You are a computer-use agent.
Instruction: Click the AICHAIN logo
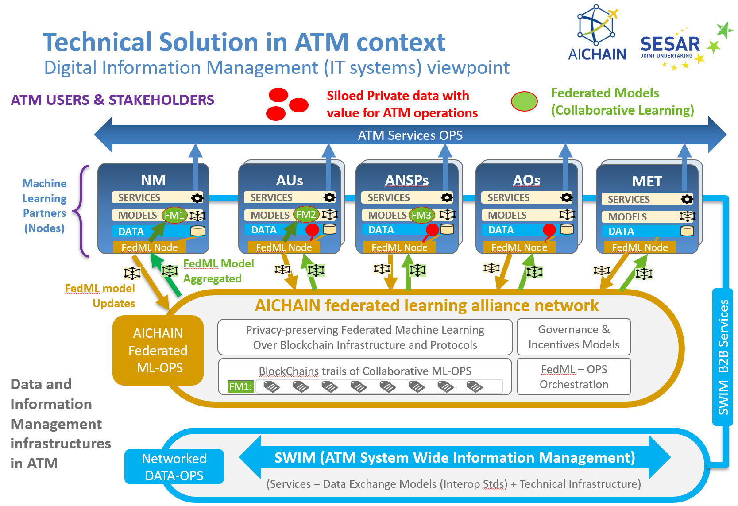[597, 33]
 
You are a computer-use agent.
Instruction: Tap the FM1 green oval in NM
[174, 215]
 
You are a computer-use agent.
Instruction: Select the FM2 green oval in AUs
[306, 215]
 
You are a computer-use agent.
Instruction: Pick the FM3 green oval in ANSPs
[421, 215]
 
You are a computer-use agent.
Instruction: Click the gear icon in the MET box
[687, 199]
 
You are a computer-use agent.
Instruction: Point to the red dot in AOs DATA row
[549, 229]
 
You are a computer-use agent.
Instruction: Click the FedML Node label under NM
[149, 247]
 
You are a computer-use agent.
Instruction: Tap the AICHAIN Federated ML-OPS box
[158, 350]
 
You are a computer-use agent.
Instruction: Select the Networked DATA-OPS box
[174, 467]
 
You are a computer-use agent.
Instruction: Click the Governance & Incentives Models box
[574, 337]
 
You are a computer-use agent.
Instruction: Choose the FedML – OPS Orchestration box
[574, 377]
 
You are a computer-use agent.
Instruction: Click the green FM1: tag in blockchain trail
[240, 386]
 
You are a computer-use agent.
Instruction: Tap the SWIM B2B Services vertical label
[723, 357]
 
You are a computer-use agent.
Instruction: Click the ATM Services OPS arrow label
[410, 135]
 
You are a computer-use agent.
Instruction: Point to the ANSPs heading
[407, 180]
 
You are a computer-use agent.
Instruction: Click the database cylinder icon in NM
[198, 231]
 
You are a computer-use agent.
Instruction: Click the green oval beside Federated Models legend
[524, 101]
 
